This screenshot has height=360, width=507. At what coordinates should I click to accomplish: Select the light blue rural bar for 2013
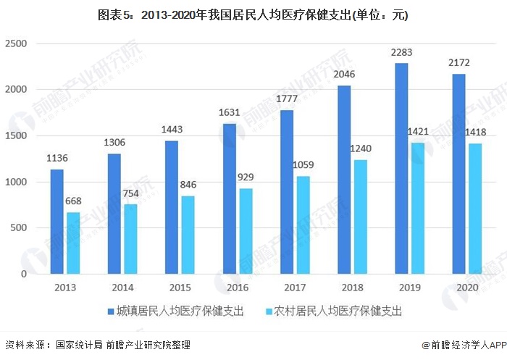click(x=74, y=243)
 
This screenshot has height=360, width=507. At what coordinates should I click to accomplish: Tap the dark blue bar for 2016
click(x=230, y=198)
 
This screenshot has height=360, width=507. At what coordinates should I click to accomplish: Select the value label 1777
click(x=286, y=99)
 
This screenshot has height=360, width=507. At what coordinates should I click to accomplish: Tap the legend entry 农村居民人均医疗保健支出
click(x=335, y=312)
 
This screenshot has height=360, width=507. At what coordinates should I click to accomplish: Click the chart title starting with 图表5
click(x=253, y=15)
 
